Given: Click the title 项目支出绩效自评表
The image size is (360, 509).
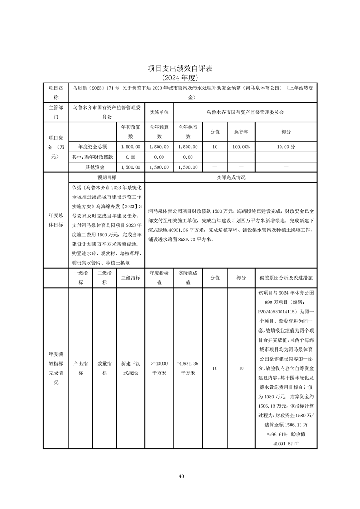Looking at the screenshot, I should point(180,69).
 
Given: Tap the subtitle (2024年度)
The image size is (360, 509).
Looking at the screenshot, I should point(180,77).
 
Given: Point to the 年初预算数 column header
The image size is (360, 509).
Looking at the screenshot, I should point(130,132).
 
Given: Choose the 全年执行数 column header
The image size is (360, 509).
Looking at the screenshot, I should point(187,132).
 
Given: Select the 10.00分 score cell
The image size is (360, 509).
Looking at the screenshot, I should point(286,147).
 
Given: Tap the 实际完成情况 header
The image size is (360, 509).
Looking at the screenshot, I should point(231,177).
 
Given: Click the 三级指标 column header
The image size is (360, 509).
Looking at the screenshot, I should point(130,277).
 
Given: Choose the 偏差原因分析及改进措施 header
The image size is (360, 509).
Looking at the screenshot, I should point(286,277).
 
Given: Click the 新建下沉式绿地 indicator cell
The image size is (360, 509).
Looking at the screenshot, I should point(130,368).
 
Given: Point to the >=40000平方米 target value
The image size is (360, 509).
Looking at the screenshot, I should point(159,368).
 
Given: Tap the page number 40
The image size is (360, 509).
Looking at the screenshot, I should point(181,476).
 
